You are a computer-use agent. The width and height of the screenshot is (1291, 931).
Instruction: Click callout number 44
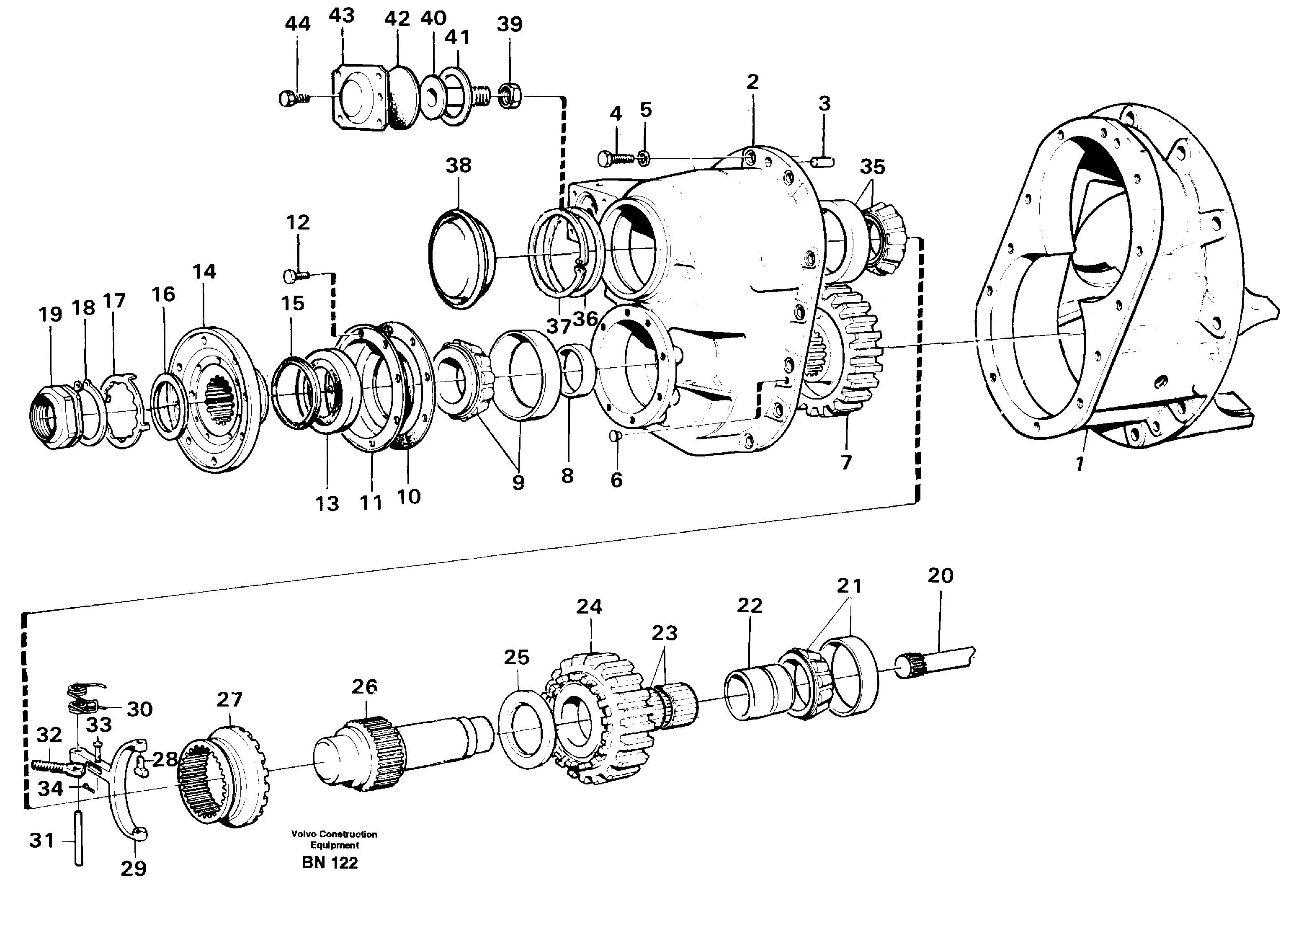[297, 24]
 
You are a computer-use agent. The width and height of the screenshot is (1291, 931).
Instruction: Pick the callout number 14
[204, 272]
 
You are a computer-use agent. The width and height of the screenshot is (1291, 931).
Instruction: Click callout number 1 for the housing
[1079, 464]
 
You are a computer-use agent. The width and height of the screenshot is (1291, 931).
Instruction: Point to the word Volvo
[302, 834]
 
